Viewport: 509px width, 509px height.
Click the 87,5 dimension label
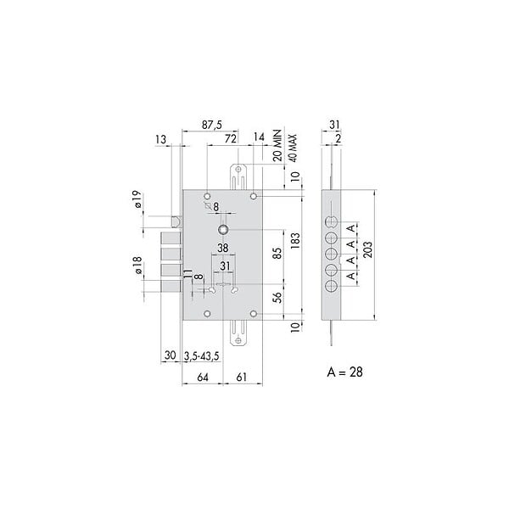[x=212, y=125]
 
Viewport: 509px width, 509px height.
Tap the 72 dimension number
[x=230, y=138]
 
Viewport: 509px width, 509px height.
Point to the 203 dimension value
[x=368, y=249]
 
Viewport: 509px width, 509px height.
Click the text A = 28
[x=344, y=372]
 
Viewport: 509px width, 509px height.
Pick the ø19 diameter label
[x=137, y=199]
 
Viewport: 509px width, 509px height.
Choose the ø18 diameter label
[x=137, y=265]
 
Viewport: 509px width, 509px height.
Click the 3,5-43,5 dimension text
[x=202, y=356]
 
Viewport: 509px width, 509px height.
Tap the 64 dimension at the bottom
[x=203, y=378]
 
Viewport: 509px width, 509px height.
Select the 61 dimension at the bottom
[x=242, y=377]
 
